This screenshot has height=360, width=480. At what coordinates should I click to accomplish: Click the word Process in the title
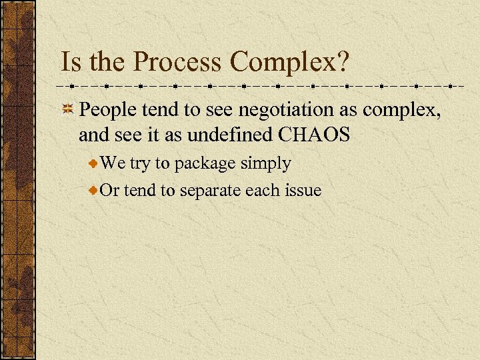(x=179, y=63)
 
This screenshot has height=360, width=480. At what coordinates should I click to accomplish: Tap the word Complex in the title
(x=283, y=63)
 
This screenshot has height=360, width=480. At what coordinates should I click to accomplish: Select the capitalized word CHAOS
(x=314, y=135)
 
